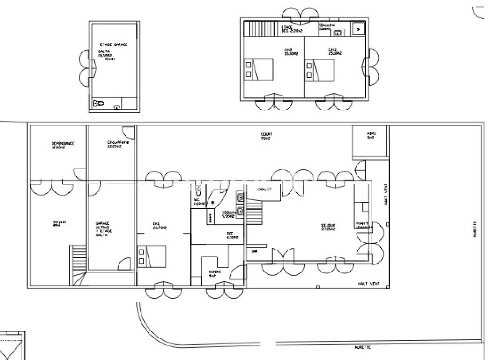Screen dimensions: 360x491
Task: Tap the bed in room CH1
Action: coord(152,256)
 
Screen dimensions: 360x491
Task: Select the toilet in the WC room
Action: coord(199,191)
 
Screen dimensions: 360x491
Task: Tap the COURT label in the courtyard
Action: coord(267,136)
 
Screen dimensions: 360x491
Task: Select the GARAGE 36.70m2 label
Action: coord(102,229)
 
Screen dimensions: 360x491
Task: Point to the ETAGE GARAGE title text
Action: coord(114,44)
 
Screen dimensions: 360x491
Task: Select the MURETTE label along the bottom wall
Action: coord(363,347)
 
